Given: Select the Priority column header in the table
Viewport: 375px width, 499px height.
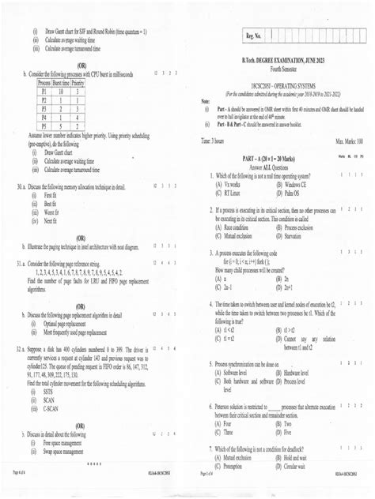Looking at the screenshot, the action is pyautogui.click(x=78, y=82).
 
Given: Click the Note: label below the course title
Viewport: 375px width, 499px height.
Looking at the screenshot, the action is pyautogui.click(x=206, y=102).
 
